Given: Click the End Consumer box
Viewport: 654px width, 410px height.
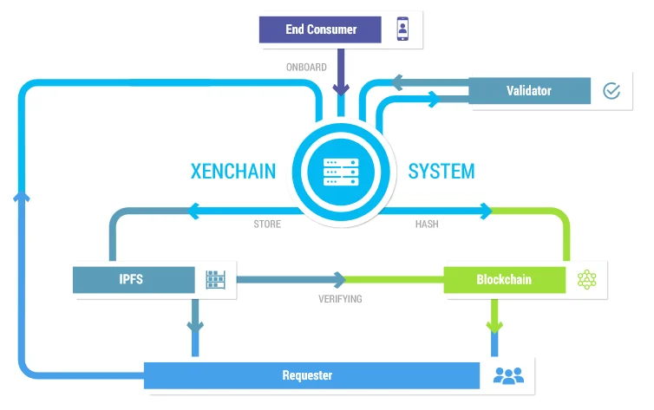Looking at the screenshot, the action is tap(320, 29).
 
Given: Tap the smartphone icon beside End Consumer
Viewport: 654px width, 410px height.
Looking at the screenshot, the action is tap(402, 29).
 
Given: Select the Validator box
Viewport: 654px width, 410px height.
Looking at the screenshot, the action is tap(529, 90).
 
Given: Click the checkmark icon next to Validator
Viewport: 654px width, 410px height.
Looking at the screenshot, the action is tap(611, 90).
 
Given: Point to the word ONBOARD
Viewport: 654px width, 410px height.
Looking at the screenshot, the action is tap(306, 67).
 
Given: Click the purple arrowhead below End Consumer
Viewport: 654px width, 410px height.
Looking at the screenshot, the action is tap(341, 89).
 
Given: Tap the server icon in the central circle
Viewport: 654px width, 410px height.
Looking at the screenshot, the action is tap(341, 172).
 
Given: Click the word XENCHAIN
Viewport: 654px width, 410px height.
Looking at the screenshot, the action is tap(233, 172).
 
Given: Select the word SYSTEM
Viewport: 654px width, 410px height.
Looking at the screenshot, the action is tap(441, 172).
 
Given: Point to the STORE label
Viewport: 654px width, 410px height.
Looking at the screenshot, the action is tap(267, 225).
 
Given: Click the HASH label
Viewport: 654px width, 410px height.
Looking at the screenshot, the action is tap(427, 225).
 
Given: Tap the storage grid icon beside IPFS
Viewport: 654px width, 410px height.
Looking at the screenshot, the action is tap(216, 280).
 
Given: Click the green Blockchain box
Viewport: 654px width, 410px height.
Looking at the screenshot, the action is tap(504, 280).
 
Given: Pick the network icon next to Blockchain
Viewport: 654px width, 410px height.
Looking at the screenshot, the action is tap(587, 280).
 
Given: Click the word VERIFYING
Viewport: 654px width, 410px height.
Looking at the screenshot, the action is tap(340, 299).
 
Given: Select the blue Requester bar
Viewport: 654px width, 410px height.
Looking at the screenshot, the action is tap(311, 375).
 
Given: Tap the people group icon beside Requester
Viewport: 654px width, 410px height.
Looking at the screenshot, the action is tap(508, 375).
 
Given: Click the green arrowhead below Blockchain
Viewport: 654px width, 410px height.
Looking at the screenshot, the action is tap(494, 327).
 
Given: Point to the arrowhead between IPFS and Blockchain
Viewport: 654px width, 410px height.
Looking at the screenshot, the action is tap(340, 280).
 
